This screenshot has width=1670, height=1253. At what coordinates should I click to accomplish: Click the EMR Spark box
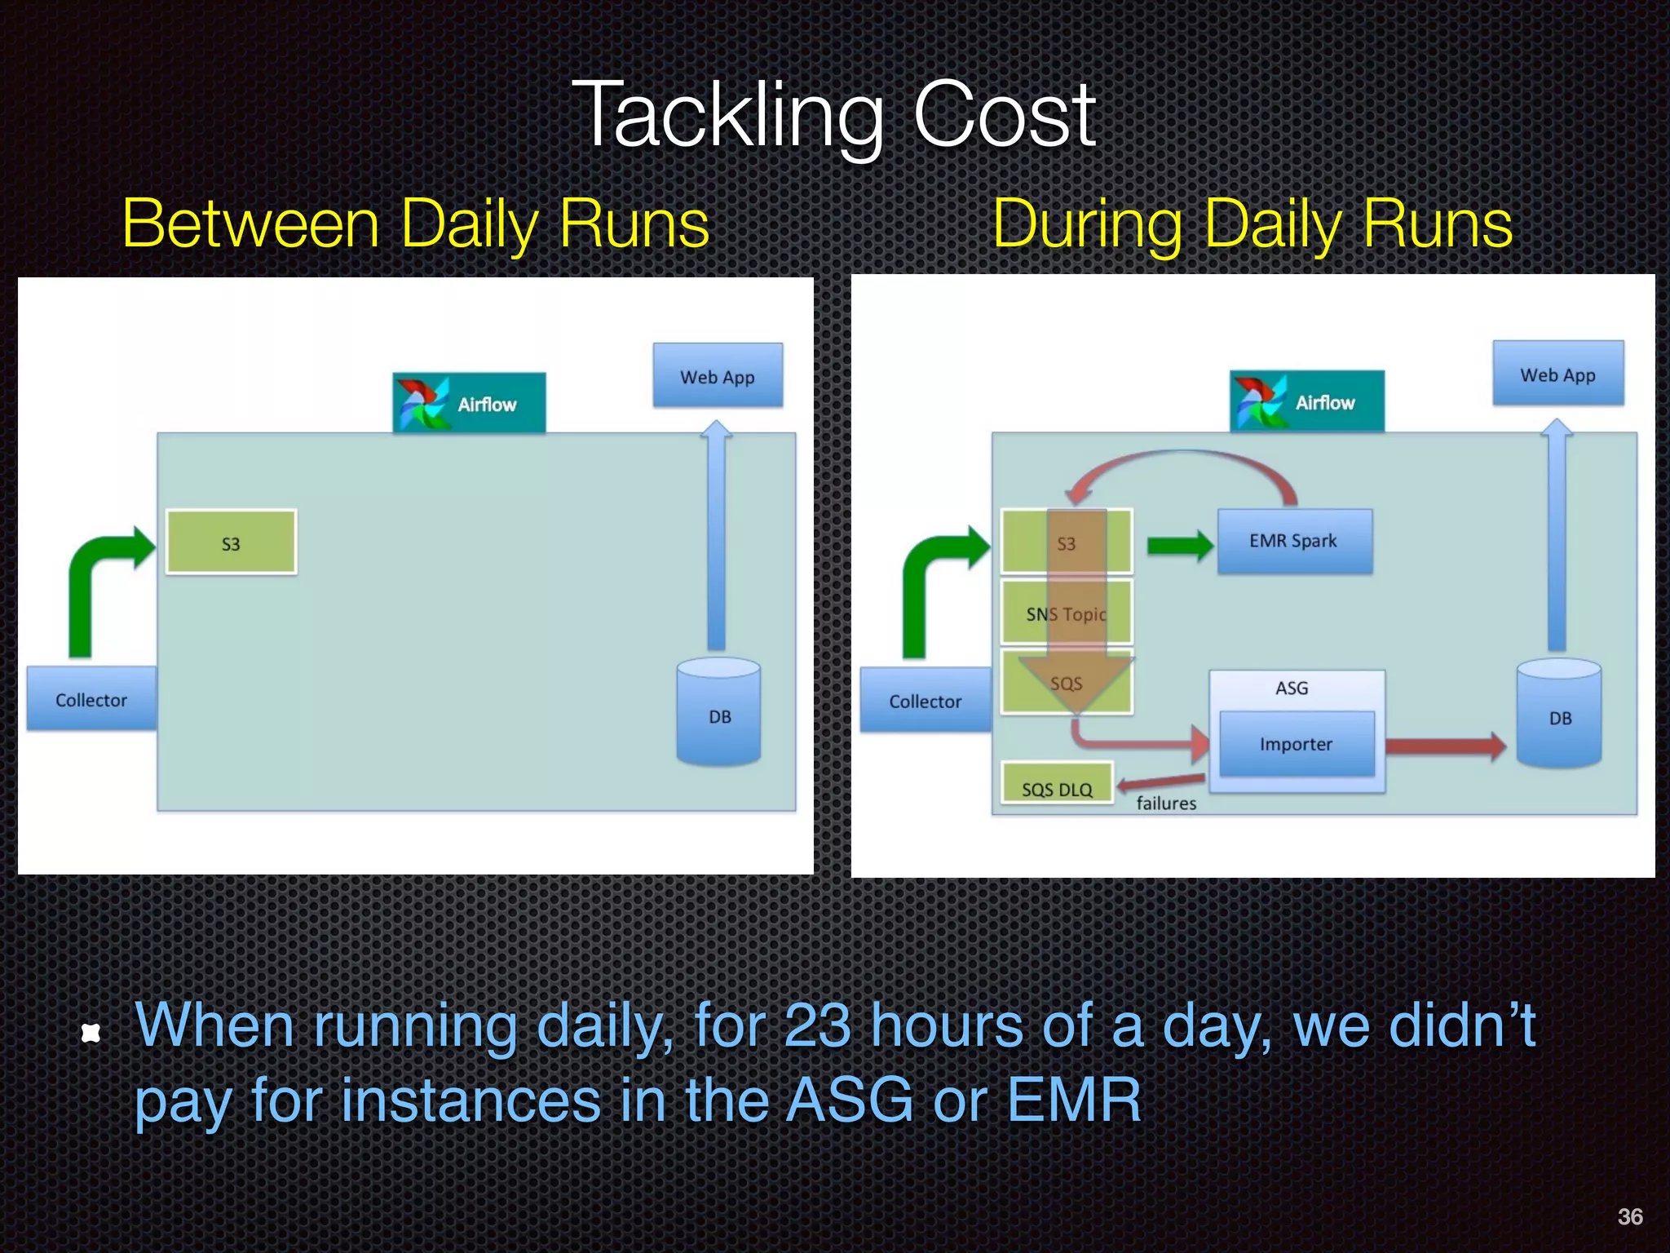1294,542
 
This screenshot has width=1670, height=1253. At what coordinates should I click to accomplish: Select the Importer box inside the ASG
1296,744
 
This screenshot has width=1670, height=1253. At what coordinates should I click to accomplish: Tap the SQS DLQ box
1057,785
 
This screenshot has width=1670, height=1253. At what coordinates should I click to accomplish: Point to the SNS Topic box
1066,613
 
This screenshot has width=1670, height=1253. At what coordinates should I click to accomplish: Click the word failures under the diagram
1166,804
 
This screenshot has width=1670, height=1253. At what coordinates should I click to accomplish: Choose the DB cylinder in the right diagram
1559,715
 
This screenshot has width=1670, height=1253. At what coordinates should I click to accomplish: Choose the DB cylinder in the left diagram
718,713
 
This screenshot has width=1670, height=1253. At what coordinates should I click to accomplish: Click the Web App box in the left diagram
718,376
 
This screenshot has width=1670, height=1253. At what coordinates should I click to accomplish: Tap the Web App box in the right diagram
1557,374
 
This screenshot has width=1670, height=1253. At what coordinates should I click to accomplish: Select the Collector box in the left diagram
91,699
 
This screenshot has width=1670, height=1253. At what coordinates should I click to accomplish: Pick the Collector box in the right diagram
925,701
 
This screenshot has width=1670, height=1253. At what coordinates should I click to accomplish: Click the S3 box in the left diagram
231,543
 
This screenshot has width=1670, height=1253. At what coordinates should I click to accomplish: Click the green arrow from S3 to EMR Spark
1179,545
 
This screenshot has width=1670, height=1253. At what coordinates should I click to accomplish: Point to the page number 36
1629,1216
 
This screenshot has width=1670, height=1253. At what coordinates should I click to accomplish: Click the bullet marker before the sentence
91,1034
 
